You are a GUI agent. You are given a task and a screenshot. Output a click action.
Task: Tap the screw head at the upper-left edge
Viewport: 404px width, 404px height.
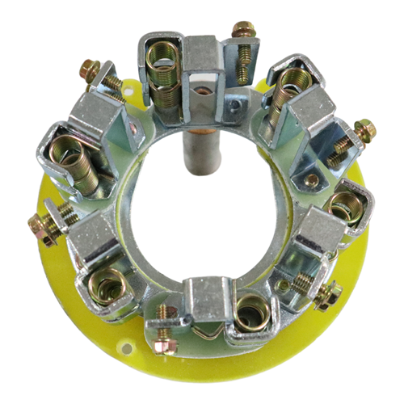pyautogui.click(x=90, y=70)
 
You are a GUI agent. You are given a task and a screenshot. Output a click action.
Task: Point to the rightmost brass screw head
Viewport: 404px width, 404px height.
pyautogui.click(x=365, y=128)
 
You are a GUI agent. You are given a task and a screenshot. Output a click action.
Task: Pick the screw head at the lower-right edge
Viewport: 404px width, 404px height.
pyautogui.click(x=328, y=297)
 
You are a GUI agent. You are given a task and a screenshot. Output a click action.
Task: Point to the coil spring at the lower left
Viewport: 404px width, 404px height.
pyautogui.click(x=107, y=287)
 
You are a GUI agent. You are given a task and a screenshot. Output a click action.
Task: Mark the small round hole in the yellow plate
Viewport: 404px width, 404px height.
pyautogui.click(x=126, y=348)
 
